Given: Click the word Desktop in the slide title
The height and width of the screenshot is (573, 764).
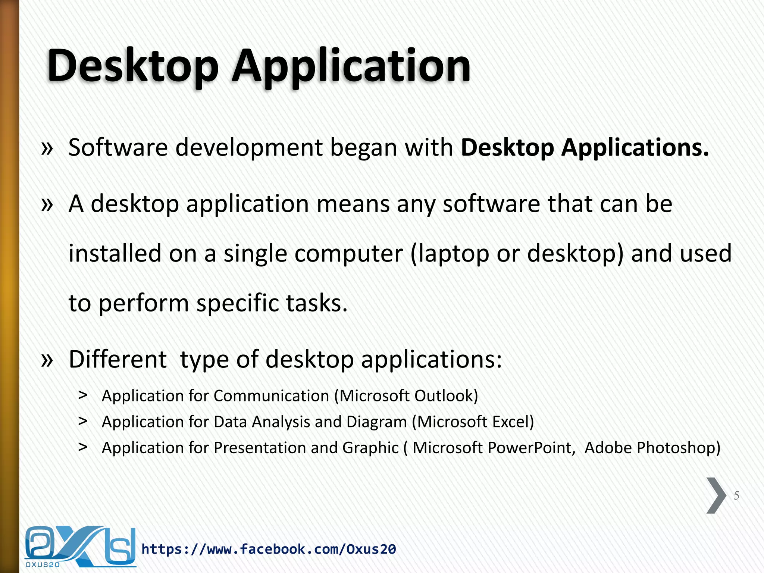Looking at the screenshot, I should tap(132, 66).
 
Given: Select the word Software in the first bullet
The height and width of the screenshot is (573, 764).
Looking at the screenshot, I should tap(118, 147).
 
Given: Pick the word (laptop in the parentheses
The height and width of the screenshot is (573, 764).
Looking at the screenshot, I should tap(450, 254).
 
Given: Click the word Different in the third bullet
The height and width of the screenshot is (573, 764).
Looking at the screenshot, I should tap(118, 359).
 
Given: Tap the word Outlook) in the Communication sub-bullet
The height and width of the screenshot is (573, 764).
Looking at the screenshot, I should tap(446, 396).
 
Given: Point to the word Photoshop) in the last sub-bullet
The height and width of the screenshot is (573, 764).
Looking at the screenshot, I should tap(652, 448).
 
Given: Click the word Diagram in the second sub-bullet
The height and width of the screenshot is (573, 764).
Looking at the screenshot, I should tap(376, 422).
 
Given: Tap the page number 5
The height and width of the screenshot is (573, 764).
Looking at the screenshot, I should tap(736, 496).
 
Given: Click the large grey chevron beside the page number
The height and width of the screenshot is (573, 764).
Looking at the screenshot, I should tap(716, 495).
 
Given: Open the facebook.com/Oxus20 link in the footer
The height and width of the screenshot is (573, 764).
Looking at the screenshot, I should tap(269, 549).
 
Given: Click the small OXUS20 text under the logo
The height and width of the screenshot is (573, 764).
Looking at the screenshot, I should tap(43, 565).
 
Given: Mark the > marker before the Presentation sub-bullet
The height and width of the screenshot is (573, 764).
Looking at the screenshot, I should tap(83, 447).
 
